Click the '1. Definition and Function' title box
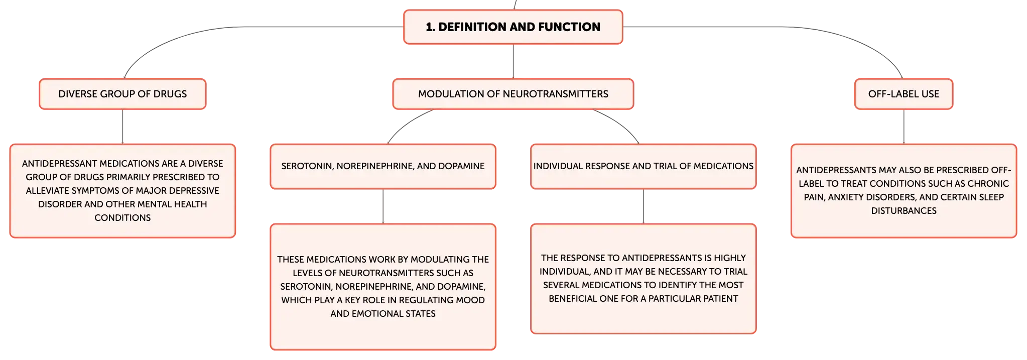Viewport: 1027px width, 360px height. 513,27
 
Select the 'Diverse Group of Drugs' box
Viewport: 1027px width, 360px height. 122,94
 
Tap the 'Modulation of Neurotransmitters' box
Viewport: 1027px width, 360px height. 513,94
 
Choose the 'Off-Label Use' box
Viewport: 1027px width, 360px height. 904,94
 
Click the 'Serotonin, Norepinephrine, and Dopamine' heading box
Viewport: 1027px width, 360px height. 383,166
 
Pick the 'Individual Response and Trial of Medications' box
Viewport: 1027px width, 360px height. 644,166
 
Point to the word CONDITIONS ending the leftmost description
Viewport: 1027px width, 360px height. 122,218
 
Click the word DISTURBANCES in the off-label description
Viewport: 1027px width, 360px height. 904,211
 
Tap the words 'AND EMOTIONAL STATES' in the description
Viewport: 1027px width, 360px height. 383,314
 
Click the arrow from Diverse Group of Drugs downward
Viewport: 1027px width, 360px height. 122,127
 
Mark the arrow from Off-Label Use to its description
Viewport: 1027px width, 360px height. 904,127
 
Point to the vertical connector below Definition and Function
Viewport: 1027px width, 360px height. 513,61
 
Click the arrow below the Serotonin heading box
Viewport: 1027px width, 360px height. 383,206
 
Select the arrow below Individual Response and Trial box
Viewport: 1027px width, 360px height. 644,206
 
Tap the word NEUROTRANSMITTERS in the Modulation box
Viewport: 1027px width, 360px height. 556,94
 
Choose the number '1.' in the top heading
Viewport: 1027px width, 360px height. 430,27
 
